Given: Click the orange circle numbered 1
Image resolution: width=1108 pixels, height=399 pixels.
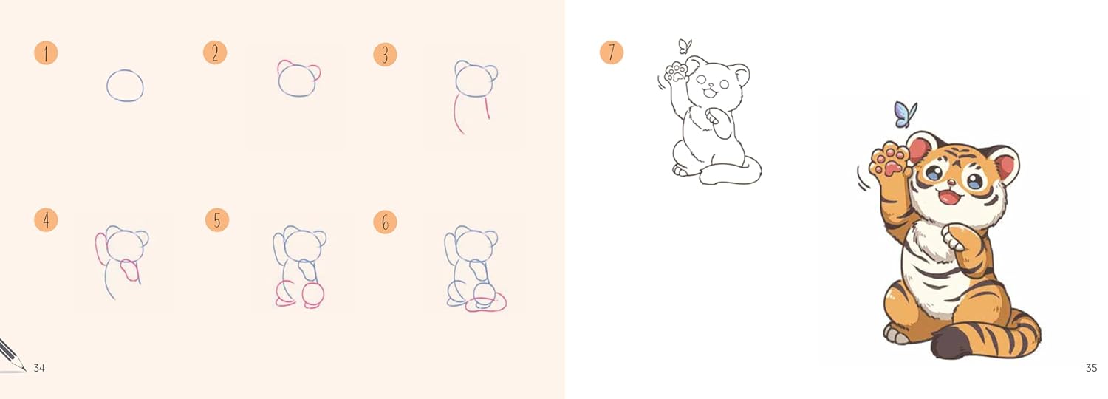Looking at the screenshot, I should [x=46, y=53].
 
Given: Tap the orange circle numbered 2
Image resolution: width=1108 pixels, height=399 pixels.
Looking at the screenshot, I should [x=215, y=52].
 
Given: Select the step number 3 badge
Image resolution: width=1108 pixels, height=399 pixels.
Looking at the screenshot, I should [x=385, y=54].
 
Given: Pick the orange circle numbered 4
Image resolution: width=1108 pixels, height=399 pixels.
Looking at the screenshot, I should [x=46, y=220].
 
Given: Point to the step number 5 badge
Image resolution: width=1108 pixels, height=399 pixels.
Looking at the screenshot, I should [x=217, y=219].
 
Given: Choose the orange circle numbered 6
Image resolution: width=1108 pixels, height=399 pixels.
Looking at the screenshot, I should [x=385, y=222].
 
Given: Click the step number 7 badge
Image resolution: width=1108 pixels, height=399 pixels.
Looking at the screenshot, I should [x=612, y=52].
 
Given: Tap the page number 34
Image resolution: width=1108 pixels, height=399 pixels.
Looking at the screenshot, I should [x=39, y=368].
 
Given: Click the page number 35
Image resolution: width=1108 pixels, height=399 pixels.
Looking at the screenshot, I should [x=1091, y=368].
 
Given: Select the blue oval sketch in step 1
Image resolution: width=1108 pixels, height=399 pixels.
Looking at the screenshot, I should [x=125, y=85].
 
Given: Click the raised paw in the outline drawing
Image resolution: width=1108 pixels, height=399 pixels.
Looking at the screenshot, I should [x=675, y=73].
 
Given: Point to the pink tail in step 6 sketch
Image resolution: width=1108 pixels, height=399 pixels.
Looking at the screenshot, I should [x=488, y=303].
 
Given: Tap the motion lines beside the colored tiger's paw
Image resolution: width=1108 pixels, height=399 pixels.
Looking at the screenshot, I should [x=862, y=177].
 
